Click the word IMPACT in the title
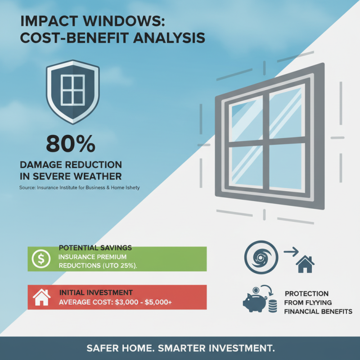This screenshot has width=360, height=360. coord(46,22)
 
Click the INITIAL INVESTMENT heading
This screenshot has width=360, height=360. coord(95,292)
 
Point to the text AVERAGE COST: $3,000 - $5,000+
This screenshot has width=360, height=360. coord(115,302)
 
